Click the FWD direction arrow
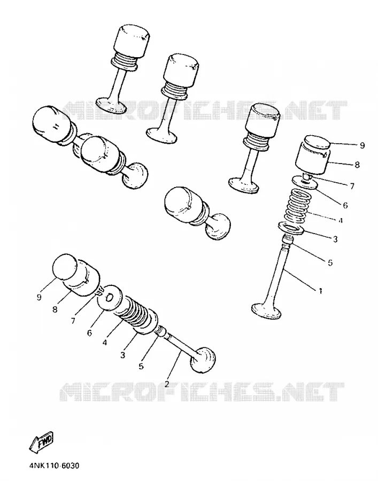[41, 442]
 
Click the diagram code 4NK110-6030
[55, 466]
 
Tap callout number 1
[320, 291]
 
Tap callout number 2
[167, 384]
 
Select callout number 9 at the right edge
[362, 145]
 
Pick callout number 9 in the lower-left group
[38, 297]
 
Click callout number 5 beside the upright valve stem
[330, 262]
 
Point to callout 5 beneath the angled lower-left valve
[141, 366]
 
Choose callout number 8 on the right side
[357, 165]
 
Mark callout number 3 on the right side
[335, 239]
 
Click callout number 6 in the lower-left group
[89, 333]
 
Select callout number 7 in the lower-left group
[73, 321]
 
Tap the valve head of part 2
[203, 360]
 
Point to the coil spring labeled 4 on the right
[296, 206]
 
